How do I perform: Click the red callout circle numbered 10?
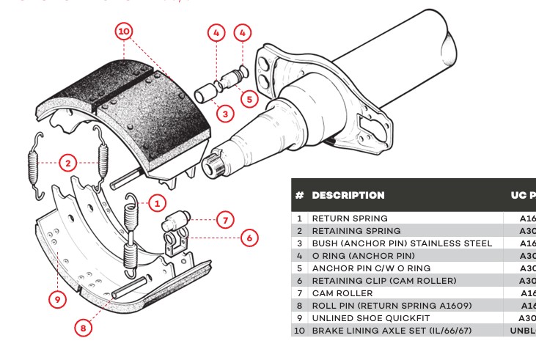[124, 32]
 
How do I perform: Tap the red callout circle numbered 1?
[156, 203]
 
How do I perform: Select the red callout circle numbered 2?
[68, 163]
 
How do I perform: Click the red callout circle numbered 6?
[249, 238]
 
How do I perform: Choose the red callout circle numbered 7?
[225, 219]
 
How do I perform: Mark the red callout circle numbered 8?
[84, 328]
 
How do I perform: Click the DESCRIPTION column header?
[348, 196]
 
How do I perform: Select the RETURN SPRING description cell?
[350, 218]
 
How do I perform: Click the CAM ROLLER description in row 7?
[342, 293]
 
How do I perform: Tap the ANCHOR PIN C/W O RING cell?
[371, 268]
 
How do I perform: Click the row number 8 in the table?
[299, 306]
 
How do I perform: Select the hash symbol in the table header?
[299, 196]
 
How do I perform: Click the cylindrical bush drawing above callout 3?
[207, 95]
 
